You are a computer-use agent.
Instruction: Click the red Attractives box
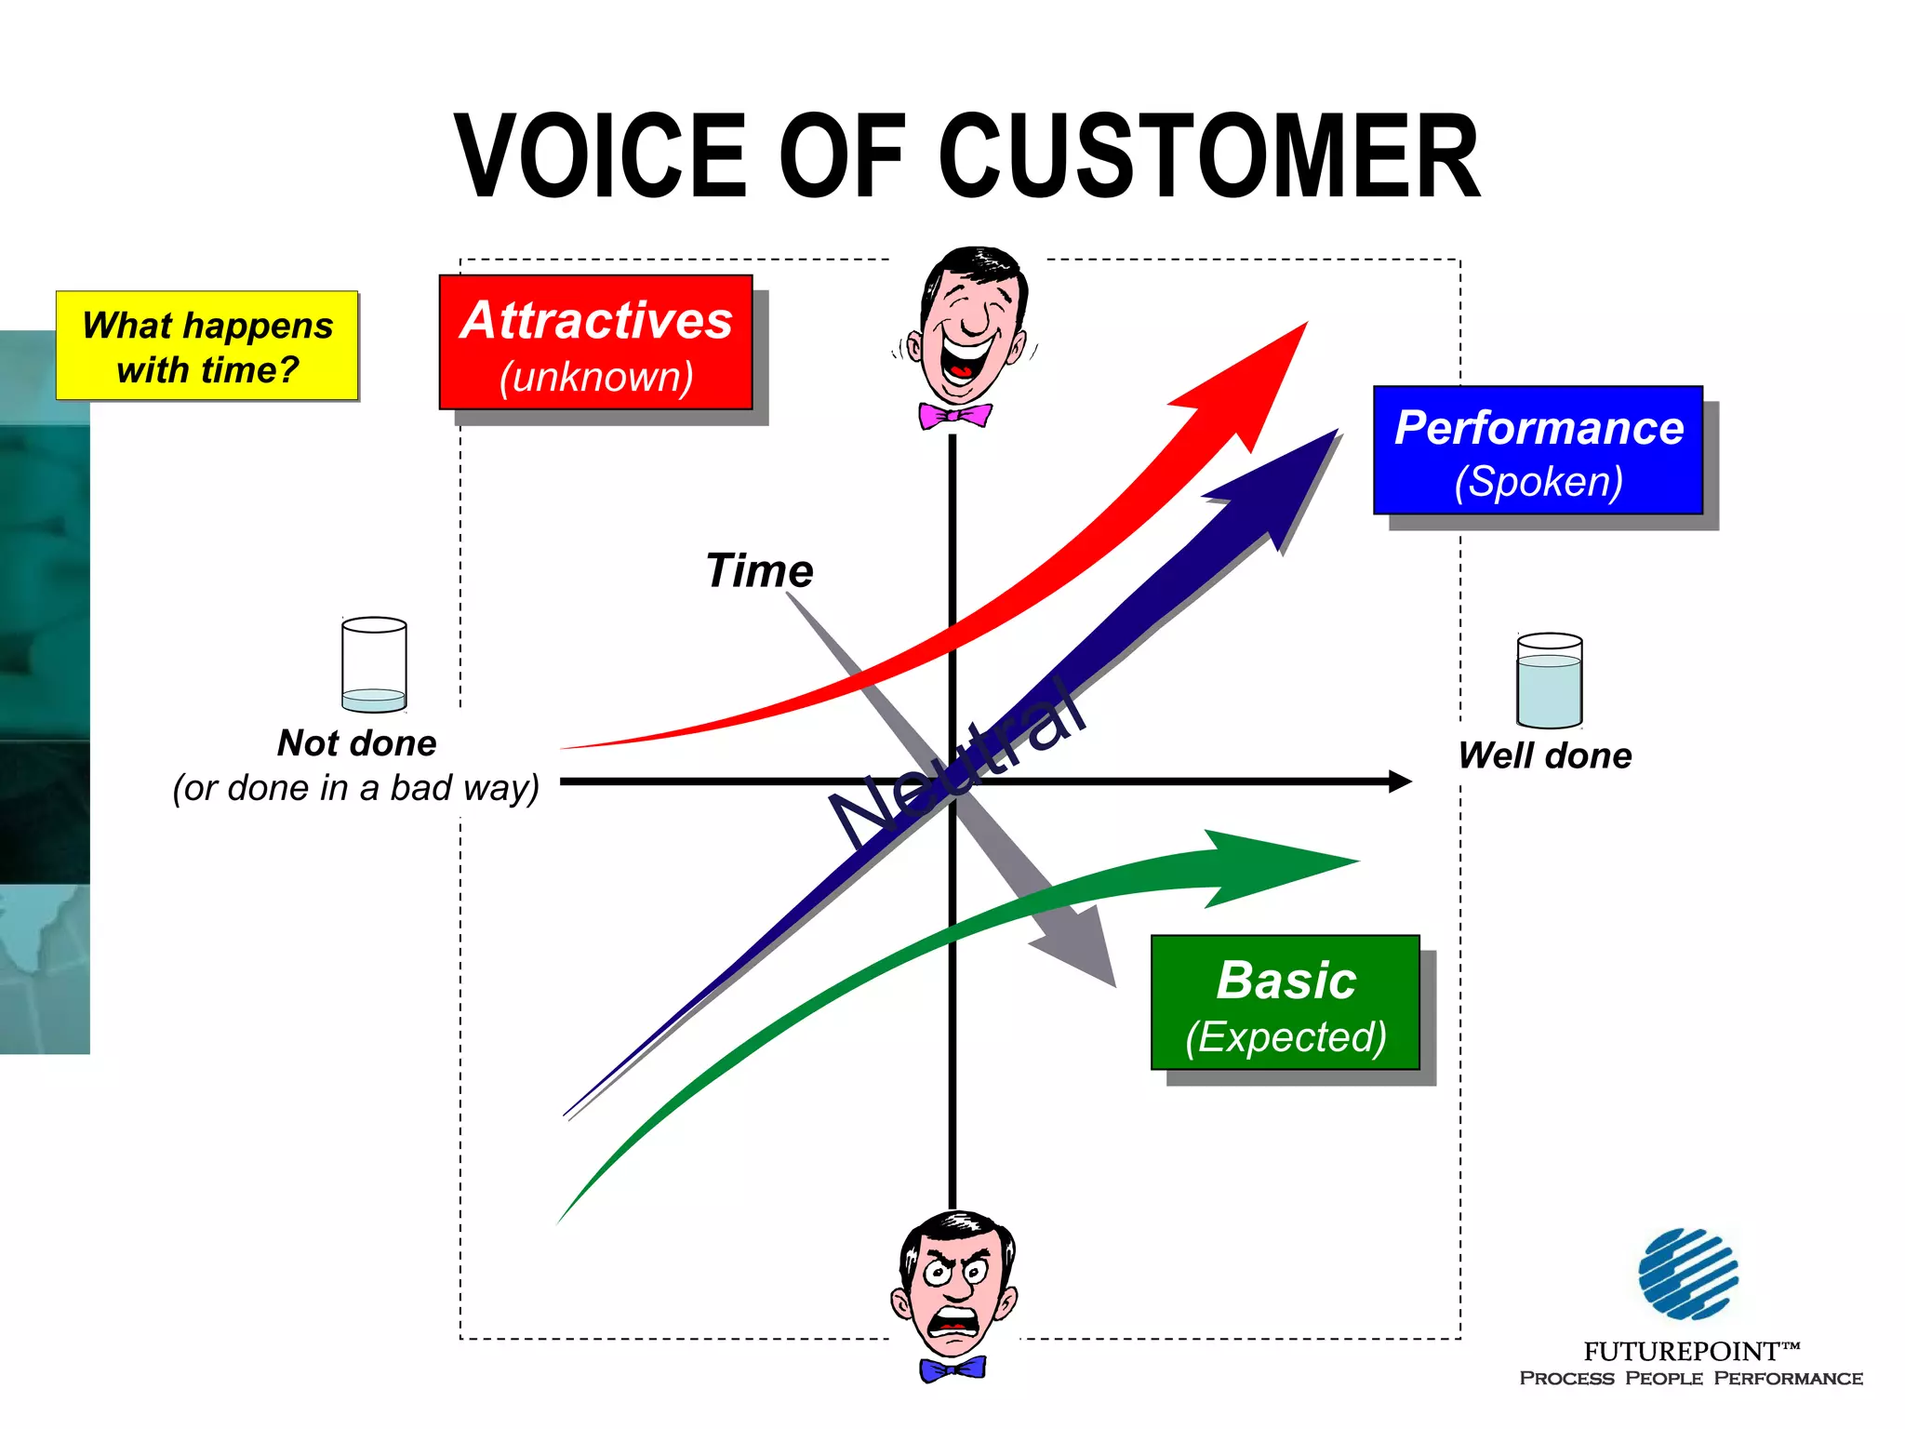pyautogui.click(x=595, y=342)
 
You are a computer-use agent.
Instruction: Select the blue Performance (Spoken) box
pyautogui.click(x=1538, y=450)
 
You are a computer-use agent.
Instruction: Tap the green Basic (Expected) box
pyautogui.click(x=1285, y=1003)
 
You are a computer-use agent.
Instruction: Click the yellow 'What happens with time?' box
pyautogui.click(x=206, y=346)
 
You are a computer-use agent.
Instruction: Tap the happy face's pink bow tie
pyautogui.click(x=954, y=415)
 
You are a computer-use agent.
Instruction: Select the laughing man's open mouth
pyautogui.click(x=965, y=360)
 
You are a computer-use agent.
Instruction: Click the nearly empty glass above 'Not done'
pyautogui.click(x=374, y=664)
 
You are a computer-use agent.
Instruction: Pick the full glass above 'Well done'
pyautogui.click(x=1549, y=681)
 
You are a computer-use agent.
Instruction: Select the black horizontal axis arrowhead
pyautogui.click(x=1399, y=781)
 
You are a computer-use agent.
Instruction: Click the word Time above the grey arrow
pyautogui.click(x=759, y=570)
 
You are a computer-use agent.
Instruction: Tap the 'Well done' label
pyautogui.click(x=1544, y=755)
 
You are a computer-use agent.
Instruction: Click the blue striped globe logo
pyautogui.click(x=1687, y=1274)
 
